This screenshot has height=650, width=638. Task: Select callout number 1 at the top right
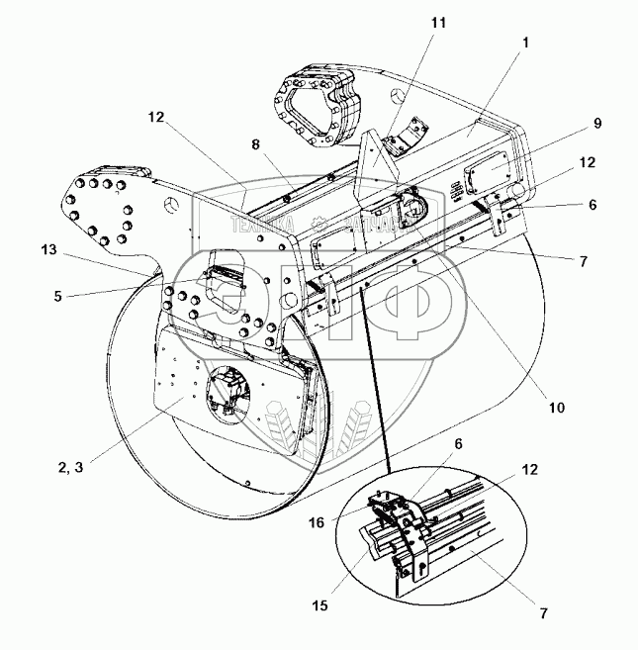click(x=527, y=43)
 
